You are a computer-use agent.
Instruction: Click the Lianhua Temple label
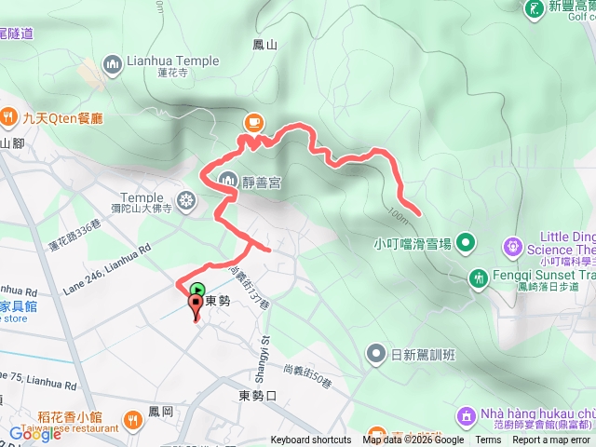[174, 61]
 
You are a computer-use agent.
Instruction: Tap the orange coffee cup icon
[253, 122]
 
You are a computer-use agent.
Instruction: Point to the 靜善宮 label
[262, 182]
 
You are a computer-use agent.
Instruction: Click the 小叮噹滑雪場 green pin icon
[467, 244]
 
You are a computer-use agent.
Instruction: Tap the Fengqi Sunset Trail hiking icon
[479, 277]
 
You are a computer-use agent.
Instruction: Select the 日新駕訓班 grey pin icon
[375, 353]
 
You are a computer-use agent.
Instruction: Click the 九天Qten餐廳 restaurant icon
[9, 117]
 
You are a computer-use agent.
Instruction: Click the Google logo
[34, 433]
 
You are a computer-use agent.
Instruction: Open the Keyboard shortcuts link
[311, 440]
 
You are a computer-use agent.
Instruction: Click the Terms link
[488, 440]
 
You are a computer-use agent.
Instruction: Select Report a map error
[551, 440]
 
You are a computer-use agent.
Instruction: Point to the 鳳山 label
[265, 44]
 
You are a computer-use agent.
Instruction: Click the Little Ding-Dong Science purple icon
[513, 246]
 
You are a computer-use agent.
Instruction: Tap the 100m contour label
[397, 216]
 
